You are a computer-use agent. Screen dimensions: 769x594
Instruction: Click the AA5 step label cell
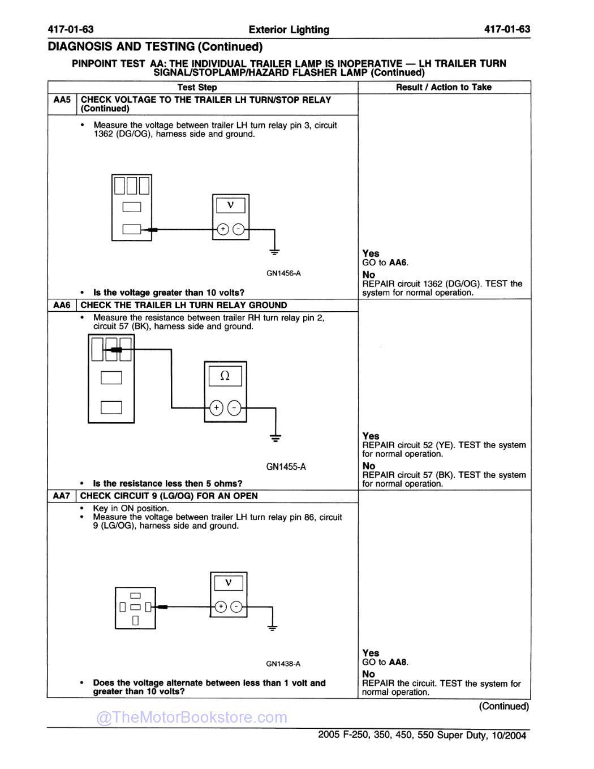62,100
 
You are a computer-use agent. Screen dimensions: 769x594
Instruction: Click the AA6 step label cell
62,305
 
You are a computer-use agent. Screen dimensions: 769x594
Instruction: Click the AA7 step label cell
61,496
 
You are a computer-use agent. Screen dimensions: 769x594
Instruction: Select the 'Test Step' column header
197,87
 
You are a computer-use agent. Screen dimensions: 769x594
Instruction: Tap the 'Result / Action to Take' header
444,87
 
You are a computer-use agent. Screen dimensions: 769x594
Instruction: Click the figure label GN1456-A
283,273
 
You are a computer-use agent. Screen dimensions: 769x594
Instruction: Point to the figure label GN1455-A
286,467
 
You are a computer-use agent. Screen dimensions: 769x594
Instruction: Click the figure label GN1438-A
283,664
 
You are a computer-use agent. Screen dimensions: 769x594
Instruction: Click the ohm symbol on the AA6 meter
225,376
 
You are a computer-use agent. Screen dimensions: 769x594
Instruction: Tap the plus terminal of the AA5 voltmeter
223,229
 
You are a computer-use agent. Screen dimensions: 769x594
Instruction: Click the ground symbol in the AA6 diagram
276,437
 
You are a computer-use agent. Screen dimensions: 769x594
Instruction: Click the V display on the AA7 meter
229,583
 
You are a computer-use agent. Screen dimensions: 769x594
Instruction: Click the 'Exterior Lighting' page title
289,29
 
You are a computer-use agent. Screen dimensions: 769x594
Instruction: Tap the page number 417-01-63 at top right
507,29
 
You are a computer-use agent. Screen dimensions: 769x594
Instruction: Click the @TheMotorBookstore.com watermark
192,718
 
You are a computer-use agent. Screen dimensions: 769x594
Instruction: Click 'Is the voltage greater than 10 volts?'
169,293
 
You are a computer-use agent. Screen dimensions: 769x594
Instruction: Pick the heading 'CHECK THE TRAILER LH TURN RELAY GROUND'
184,305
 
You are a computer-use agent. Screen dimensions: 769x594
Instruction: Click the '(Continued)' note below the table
503,706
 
